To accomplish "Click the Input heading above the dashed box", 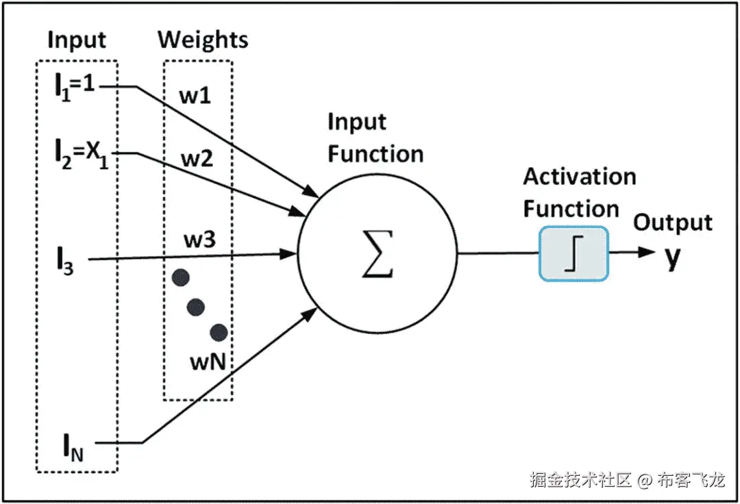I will [77, 40].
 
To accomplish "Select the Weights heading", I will [203, 40].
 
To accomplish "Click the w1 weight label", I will [195, 95].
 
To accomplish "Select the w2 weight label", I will [196, 160].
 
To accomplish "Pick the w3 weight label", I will [199, 240].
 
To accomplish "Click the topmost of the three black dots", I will [180, 277].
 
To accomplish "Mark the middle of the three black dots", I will [196, 307].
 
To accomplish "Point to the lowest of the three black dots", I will [219, 333].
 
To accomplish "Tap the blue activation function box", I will [573, 253].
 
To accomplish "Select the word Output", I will [672, 223].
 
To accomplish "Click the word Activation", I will [580, 177].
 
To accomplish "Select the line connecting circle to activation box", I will [497, 253].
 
